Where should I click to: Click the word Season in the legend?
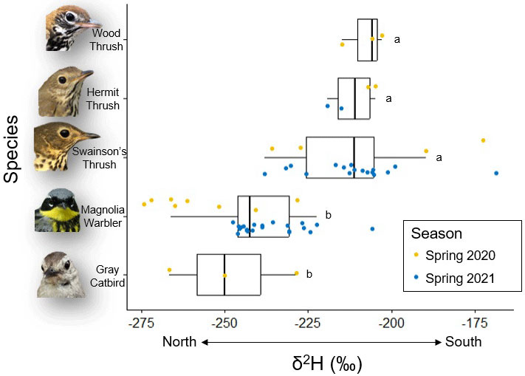436,233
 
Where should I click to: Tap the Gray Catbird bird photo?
63,274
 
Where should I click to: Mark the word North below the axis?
179,342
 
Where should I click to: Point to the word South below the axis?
463,342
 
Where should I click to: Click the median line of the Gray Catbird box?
224,275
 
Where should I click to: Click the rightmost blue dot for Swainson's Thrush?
496,173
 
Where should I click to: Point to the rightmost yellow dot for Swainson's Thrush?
483,140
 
